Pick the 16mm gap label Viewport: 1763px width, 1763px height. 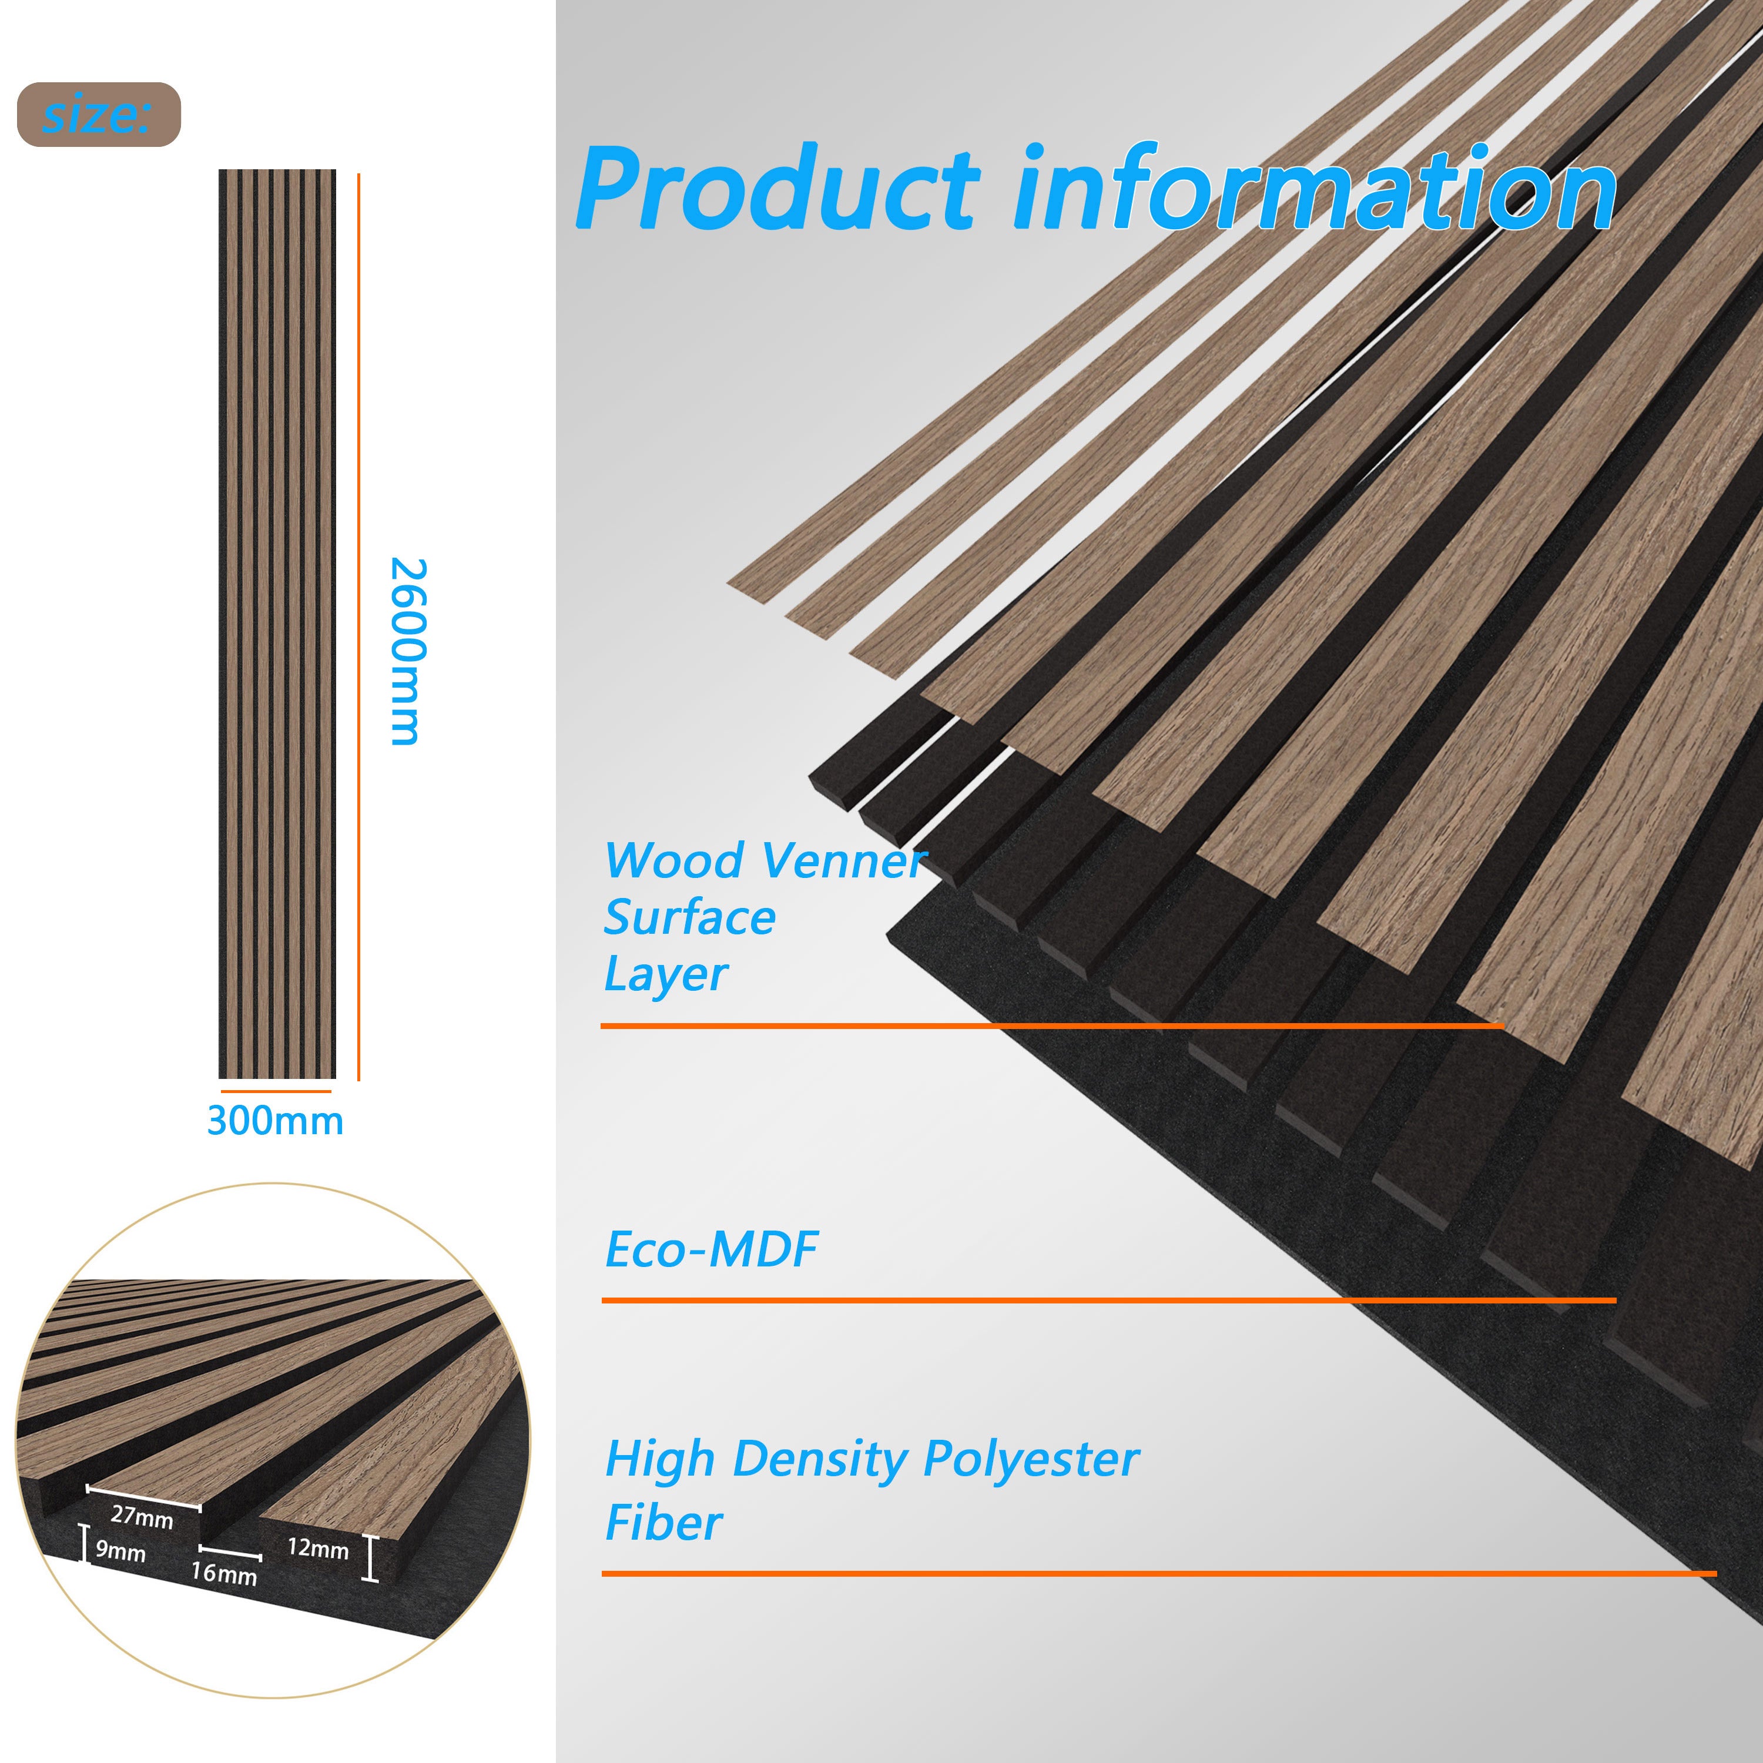point(223,1573)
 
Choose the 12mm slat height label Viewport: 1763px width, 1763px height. point(317,1548)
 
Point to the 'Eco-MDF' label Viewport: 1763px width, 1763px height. point(711,1249)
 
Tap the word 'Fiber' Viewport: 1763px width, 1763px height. point(663,1523)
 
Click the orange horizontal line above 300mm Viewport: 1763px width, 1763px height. point(276,1091)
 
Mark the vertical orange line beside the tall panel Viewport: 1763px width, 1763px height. point(358,627)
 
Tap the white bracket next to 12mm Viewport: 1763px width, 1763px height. point(370,1558)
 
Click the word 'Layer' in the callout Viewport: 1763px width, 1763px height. point(665,974)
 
